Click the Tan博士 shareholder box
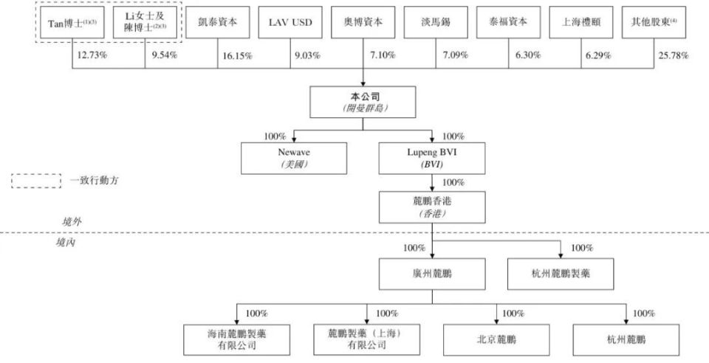click(72, 22)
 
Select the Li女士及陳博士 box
click(144, 22)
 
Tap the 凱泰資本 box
click(217, 22)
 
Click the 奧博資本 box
click(363, 22)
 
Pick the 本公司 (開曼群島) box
click(363, 102)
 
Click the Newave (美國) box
click(293, 158)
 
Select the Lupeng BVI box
click(432, 158)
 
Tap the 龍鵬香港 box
click(432, 207)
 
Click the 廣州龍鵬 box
click(432, 273)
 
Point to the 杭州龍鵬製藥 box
click(558, 273)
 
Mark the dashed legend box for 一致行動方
click(36, 181)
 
